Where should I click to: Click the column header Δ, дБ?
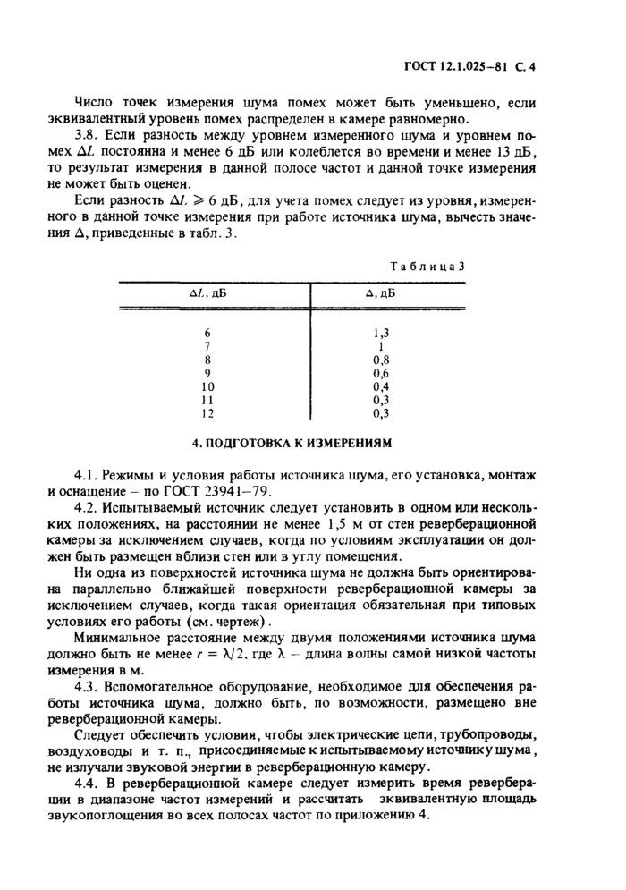(x=382, y=292)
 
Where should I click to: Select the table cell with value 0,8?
(x=382, y=360)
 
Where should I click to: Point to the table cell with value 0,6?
(x=382, y=373)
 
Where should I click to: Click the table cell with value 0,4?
(x=382, y=387)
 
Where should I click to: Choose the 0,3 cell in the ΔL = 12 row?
(x=382, y=414)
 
